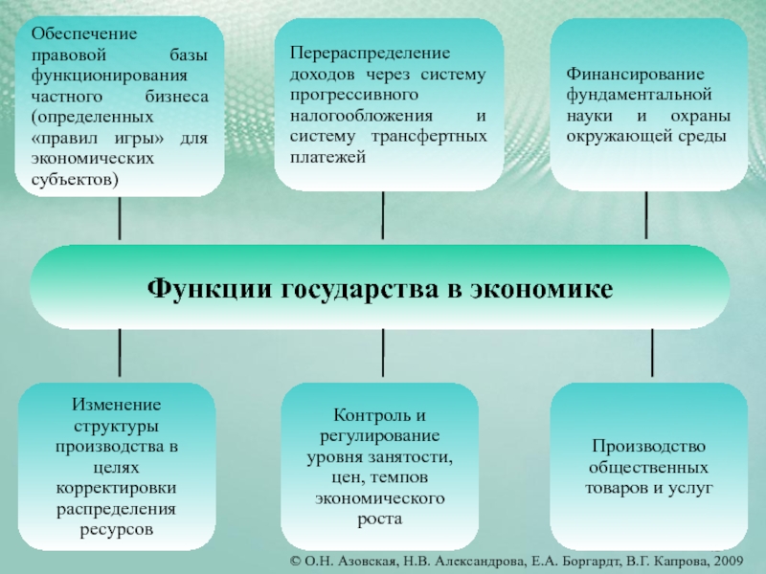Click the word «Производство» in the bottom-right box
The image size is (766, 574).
(648, 447)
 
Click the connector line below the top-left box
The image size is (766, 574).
(120, 220)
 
